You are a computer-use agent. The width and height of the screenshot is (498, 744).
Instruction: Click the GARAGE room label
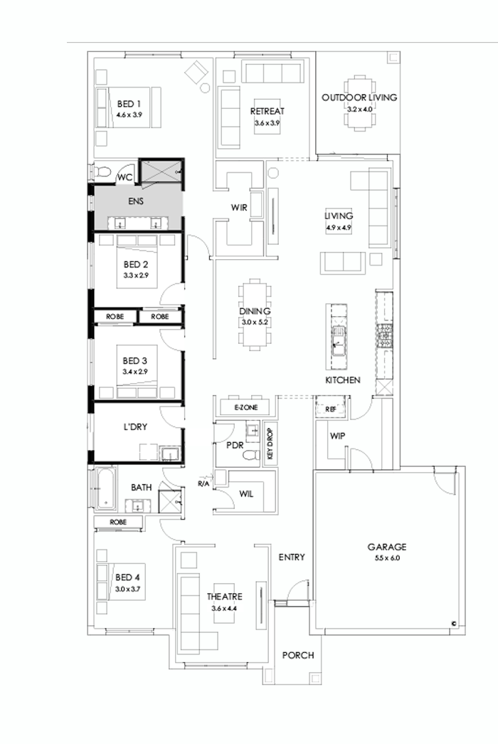point(386,547)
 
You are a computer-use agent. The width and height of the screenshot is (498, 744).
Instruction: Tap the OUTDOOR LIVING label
point(359,98)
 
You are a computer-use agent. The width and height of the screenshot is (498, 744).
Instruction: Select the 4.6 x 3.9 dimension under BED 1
point(129,114)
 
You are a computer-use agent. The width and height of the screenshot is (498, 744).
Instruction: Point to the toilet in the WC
point(102,172)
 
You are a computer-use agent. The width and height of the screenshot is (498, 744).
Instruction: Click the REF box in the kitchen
point(330,410)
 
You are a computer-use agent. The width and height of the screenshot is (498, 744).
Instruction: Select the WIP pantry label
point(337,434)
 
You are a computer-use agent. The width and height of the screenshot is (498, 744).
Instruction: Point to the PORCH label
point(297,655)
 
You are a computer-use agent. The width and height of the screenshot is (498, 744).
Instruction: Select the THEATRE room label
point(225,597)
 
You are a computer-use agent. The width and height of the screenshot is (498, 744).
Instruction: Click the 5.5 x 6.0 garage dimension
point(386,558)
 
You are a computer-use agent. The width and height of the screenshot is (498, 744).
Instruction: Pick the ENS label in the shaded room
point(136,201)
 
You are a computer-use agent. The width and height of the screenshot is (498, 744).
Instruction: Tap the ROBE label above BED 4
point(118,523)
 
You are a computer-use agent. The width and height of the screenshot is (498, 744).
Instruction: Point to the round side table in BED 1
point(206,88)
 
